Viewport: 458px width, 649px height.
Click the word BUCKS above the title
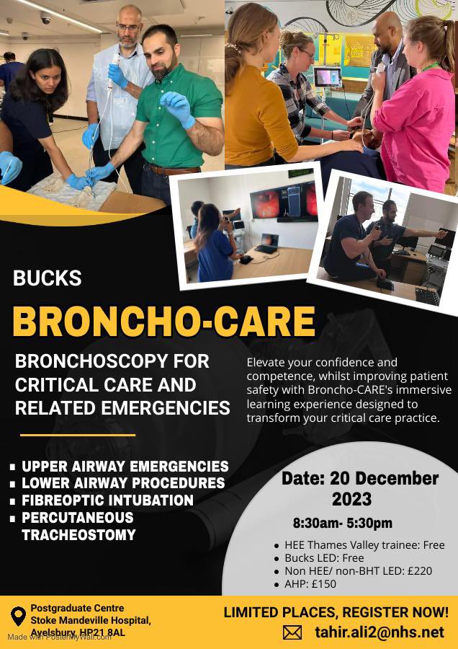[x=48, y=278]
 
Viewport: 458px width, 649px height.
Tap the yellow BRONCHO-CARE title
[x=164, y=322]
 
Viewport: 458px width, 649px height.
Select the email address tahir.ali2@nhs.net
[x=380, y=632]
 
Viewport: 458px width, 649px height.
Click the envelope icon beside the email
[x=292, y=633]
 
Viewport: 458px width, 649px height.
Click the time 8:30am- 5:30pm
[x=342, y=523]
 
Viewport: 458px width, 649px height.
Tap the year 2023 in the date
[x=351, y=499]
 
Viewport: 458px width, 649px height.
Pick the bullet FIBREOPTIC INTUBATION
[x=107, y=500]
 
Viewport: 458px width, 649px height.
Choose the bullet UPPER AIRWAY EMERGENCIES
[x=125, y=467]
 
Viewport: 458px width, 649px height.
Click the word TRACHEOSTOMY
[x=78, y=535]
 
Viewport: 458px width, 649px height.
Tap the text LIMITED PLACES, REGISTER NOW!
[x=336, y=613]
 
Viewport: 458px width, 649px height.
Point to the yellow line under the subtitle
[x=77, y=435]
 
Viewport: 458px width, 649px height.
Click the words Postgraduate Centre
[x=77, y=609]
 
